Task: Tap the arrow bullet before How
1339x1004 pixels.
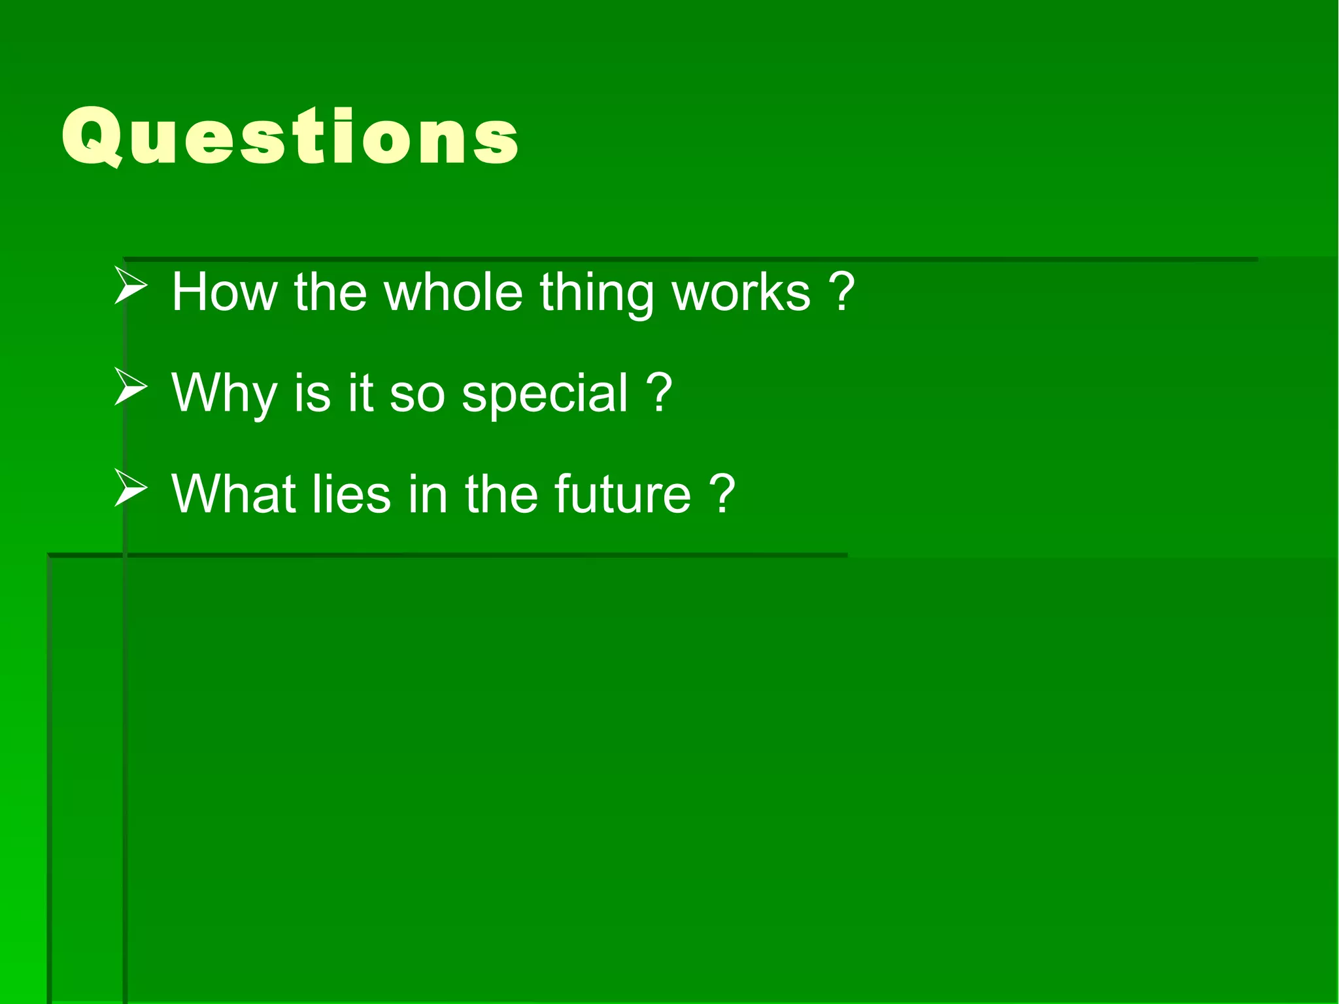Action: click(x=130, y=286)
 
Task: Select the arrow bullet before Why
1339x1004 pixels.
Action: click(x=130, y=387)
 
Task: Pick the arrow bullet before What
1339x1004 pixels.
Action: click(x=130, y=488)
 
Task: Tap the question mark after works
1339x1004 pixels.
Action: click(x=842, y=292)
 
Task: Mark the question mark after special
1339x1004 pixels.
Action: click(x=659, y=392)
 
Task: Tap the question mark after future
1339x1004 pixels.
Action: click(x=722, y=494)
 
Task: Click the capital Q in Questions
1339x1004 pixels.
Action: click(x=92, y=136)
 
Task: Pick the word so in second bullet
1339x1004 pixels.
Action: click(x=416, y=395)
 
